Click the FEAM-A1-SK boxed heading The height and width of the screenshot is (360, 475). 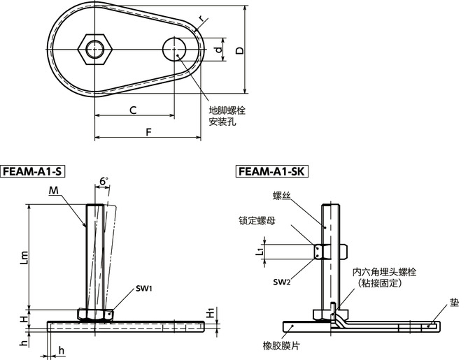[272, 171]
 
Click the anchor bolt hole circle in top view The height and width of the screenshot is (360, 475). [174, 50]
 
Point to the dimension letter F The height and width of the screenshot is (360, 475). [148, 131]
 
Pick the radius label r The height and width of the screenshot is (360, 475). [201, 19]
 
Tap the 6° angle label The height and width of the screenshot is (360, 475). [104, 181]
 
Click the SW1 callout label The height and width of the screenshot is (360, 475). [145, 288]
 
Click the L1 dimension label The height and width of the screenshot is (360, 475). [260, 250]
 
